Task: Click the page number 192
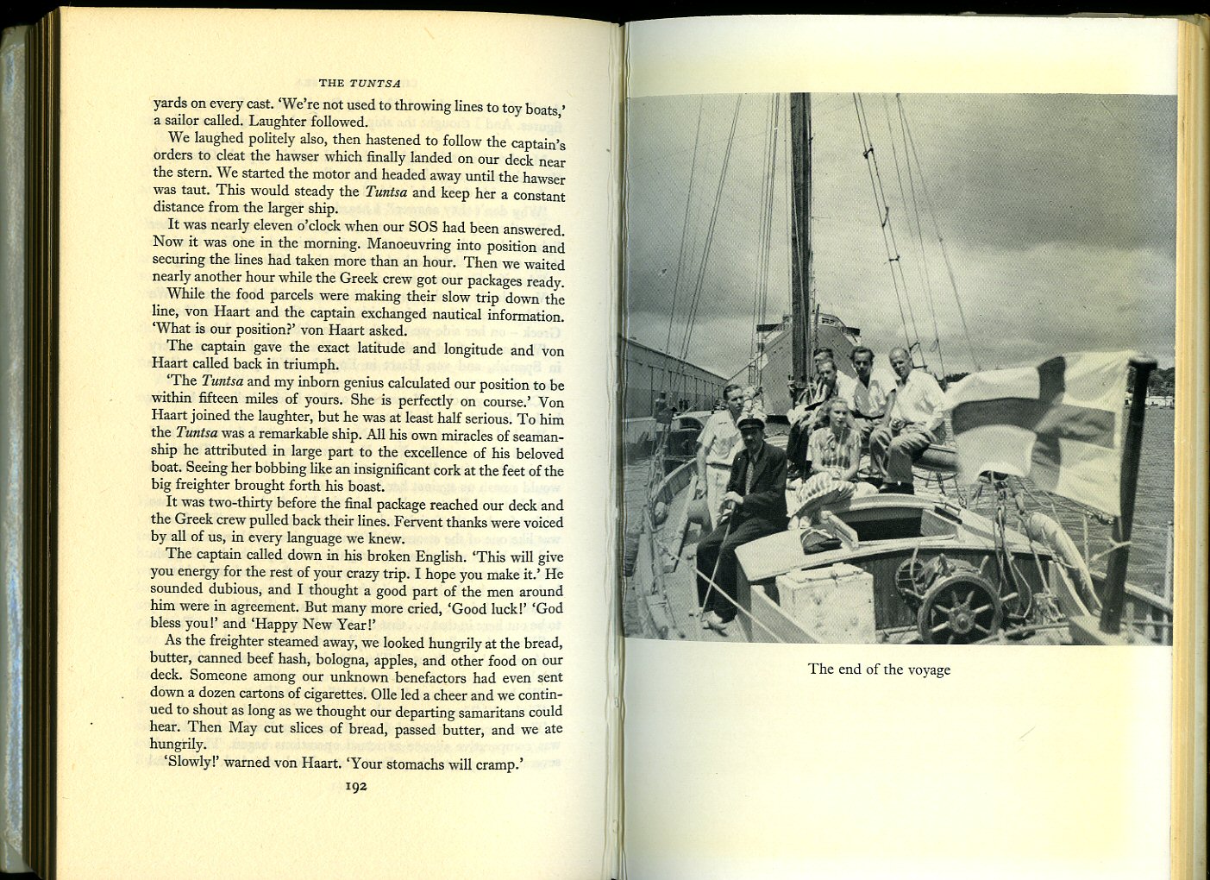(356, 786)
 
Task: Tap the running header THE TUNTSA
(360, 84)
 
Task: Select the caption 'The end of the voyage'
(879, 669)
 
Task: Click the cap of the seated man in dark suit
(750, 422)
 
